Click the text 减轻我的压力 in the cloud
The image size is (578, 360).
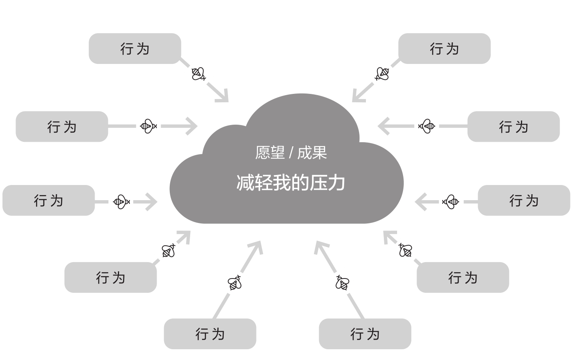coord(291,183)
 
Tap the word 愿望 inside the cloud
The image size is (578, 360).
coord(270,153)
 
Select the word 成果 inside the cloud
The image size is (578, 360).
coord(312,153)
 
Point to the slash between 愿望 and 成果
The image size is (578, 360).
coord(291,153)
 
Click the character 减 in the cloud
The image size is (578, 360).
coord(245,183)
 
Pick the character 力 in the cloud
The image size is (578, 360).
coord(336,183)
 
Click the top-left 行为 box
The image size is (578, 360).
coord(135,48)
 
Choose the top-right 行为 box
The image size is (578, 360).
coord(444,48)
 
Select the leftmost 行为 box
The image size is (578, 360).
coord(48,200)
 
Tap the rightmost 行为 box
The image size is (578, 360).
coord(524,200)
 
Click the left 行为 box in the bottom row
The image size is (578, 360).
coord(210,334)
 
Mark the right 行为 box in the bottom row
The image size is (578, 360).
coord(365,334)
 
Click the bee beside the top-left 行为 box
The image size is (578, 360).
coord(199,74)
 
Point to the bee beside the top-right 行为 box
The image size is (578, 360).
coord(382,74)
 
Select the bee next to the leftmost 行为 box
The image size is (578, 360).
coord(121,201)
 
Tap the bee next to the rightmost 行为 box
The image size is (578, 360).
coord(451,201)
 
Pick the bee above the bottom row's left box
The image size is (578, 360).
coord(234,283)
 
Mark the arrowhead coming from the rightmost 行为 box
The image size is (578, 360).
coord(420,201)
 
